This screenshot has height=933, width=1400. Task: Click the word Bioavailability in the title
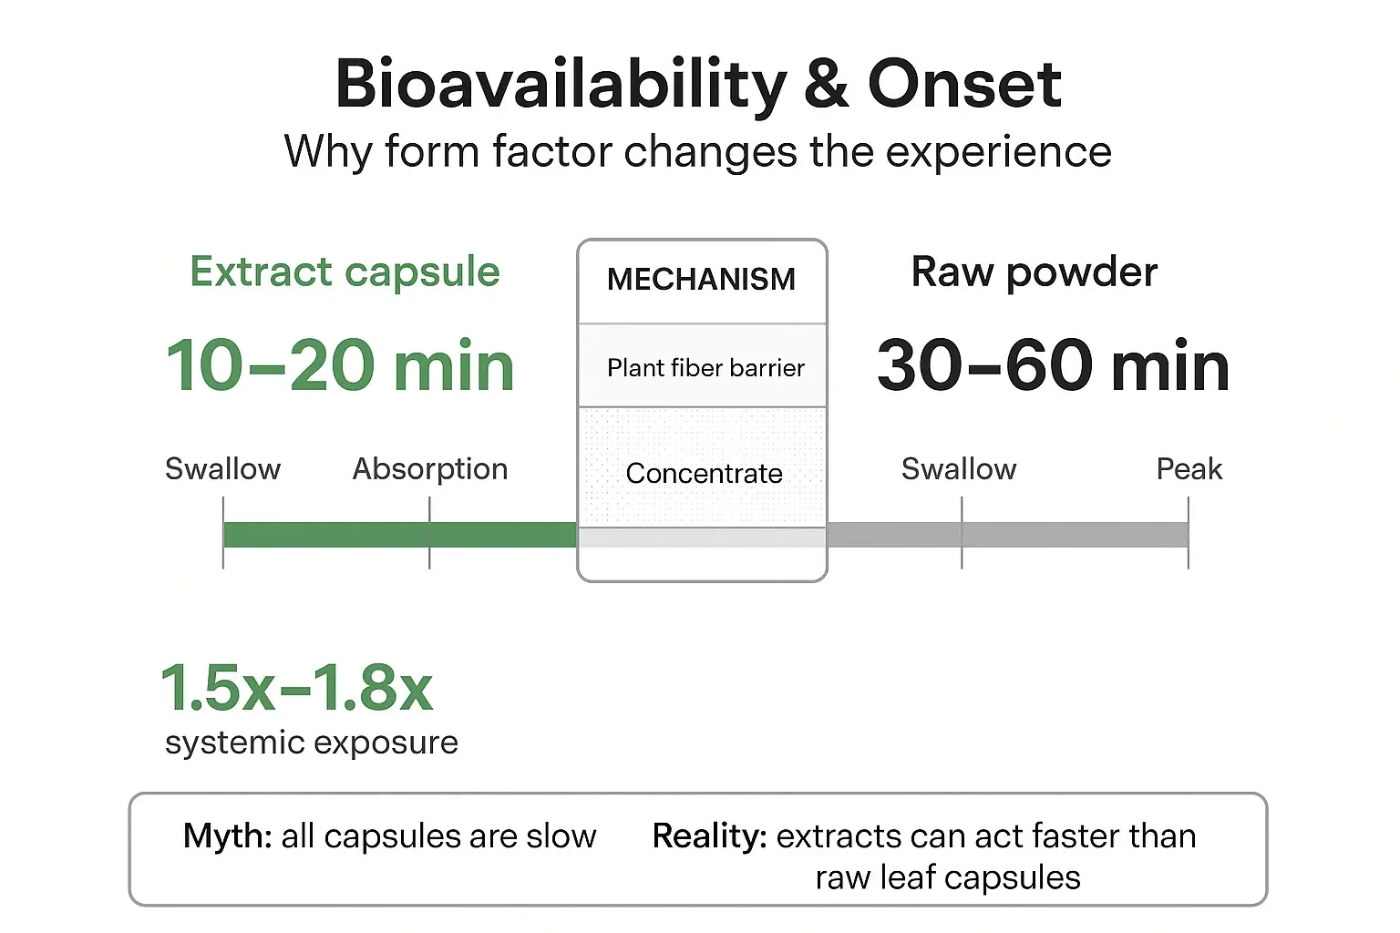pos(560,84)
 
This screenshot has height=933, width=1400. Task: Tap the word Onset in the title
pos(964,84)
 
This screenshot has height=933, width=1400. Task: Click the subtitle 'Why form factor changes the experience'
pos(697,151)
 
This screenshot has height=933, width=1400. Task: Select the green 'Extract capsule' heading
pos(345,272)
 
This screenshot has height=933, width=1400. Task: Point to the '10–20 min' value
pos(340,365)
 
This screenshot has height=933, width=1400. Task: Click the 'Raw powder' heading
pos(1035,272)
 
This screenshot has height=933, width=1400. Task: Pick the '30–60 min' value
pos(1053,365)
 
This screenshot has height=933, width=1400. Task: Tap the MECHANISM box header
pos(701,280)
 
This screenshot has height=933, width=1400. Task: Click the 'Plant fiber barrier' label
pos(705,368)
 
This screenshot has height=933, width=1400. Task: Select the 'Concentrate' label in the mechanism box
pos(704,474)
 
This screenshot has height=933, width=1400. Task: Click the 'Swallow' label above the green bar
pos(222,469)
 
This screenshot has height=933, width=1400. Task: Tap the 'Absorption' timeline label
pos(430,469)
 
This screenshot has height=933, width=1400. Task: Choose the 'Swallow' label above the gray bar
pos(959,469)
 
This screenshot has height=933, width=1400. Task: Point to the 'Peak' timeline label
pos(1189,469)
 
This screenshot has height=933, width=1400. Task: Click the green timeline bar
pos(399,535)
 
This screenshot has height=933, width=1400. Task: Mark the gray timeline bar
pos(1007,535)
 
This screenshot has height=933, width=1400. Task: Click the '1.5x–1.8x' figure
pos(296,688)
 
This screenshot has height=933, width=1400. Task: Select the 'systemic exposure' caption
pos(312,743)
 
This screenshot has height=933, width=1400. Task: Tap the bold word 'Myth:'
pos(227,836)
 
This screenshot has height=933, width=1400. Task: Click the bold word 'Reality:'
pos(709,836)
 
